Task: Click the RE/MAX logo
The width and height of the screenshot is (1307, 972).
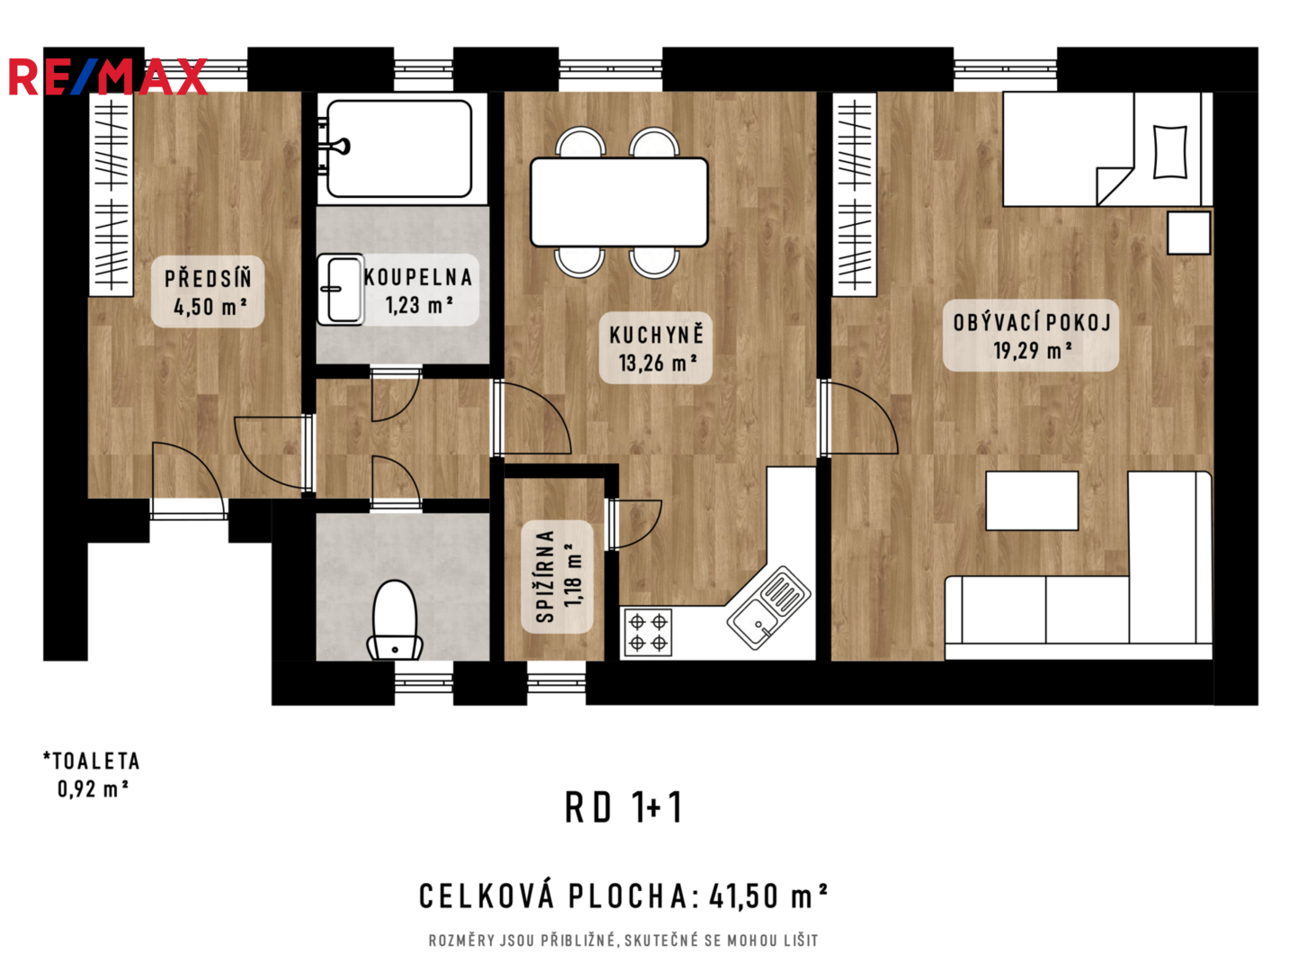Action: coord(108,76)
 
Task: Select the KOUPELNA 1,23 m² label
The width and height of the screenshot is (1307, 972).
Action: coord(417,290)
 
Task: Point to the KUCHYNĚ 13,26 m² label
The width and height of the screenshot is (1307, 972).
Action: coord(656,348)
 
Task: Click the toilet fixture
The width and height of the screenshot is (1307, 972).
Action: coord(395,620)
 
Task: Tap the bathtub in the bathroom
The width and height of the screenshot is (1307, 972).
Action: coord(399,148)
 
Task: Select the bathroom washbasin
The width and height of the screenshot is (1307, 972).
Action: coord(341,289)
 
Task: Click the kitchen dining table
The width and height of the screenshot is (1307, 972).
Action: coord(619,202)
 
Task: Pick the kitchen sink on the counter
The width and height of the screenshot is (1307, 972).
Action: coord(768,607)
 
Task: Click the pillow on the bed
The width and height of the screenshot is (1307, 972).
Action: coord(1169,151)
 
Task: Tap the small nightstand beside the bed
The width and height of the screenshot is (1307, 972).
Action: coord(1188,233)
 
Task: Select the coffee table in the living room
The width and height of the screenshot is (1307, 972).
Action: coord(1032,500)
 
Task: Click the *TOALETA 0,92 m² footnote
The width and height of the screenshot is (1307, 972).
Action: coord(92,775)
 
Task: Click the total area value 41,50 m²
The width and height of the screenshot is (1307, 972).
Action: coord(768,895)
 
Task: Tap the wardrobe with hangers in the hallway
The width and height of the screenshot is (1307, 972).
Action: coord(111,194)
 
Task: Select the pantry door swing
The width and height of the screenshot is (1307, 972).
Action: coord(634,525)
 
